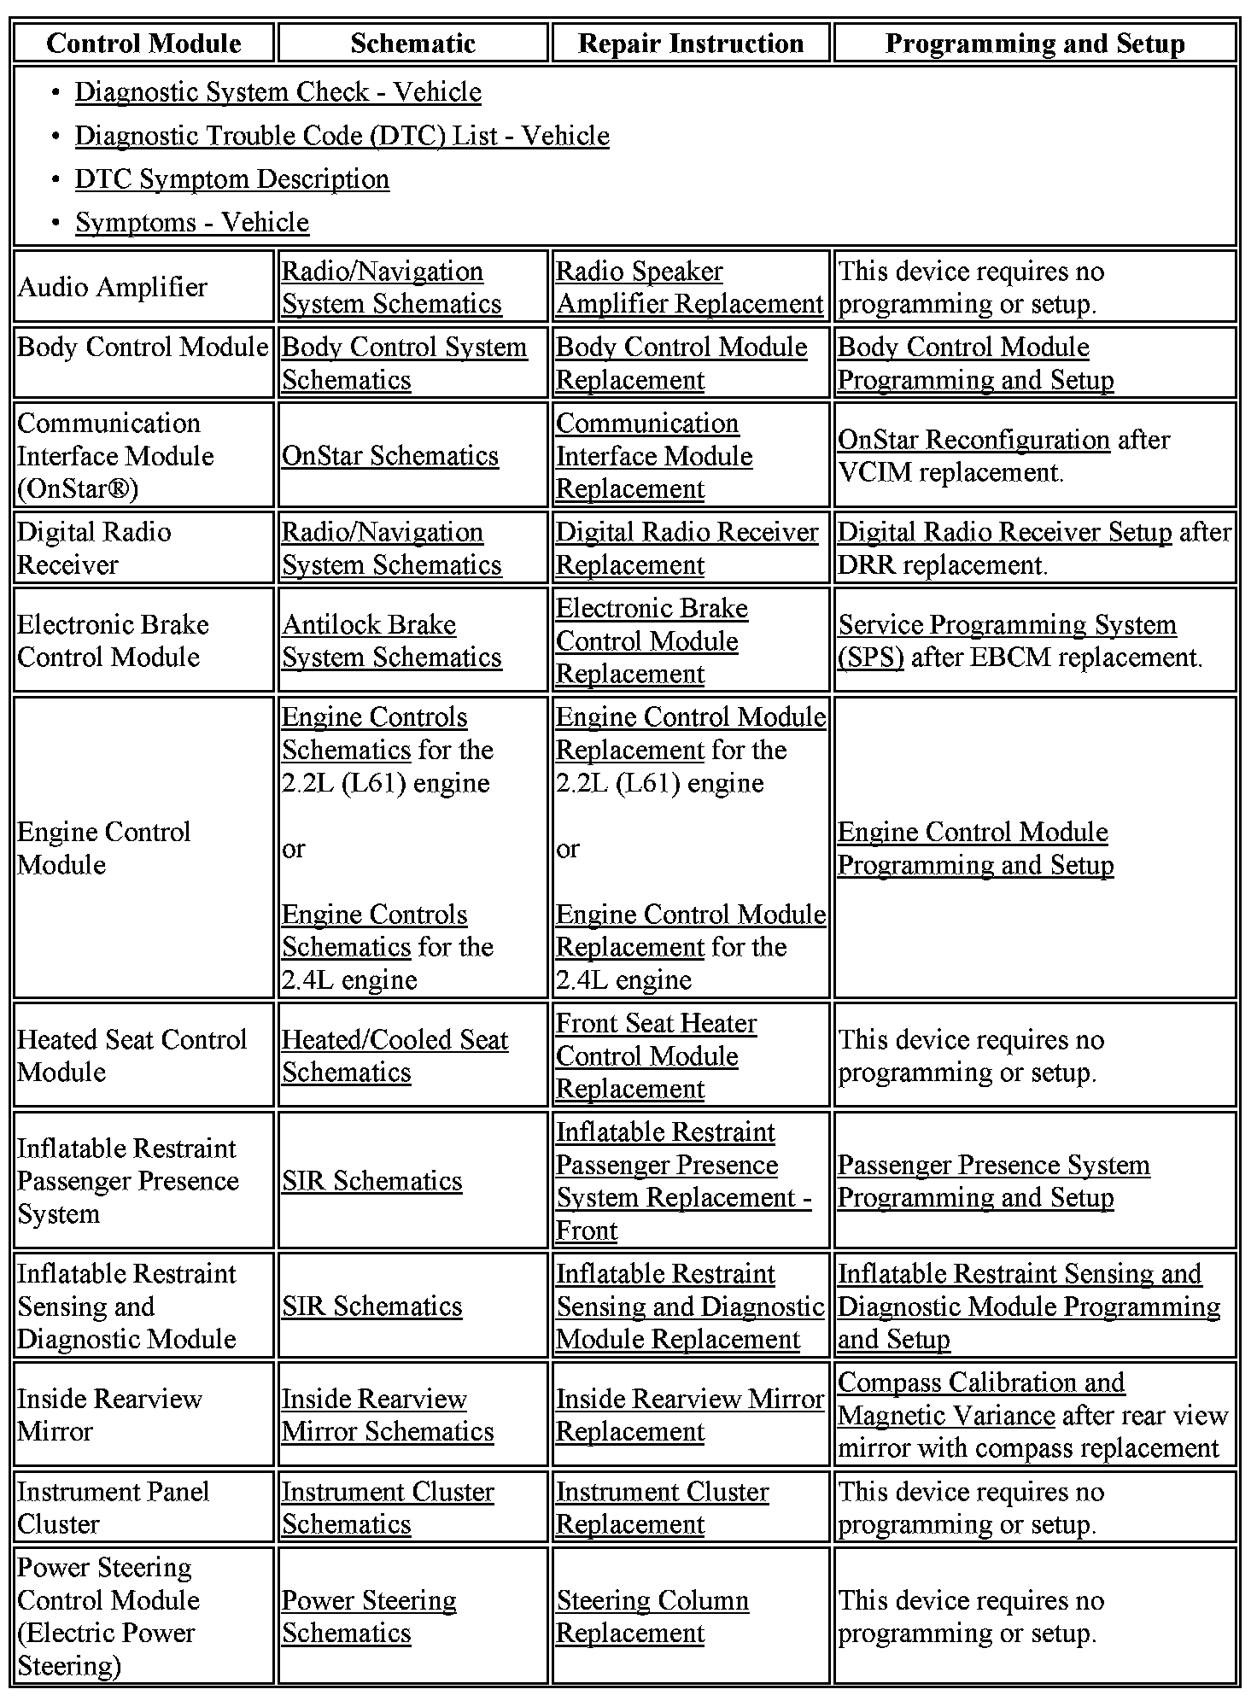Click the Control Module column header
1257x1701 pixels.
click(143, 44)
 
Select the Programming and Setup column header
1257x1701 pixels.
click(1034, 44)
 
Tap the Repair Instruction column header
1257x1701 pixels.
click(690, 44)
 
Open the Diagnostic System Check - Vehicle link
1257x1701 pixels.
click(278, 92)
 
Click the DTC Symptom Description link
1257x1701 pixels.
click(231, 179)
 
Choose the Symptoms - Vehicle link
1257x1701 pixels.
click(191, 223)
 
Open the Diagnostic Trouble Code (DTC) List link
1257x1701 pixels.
click(342, 136)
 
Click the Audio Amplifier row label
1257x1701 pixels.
click(112, 287)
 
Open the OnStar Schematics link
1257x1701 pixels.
click(389, 456)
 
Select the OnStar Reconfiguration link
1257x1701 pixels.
click(973, 440)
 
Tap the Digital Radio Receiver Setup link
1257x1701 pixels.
click(1004, 532)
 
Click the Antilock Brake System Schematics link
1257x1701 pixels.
click(391, 641)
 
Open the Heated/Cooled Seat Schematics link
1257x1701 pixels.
click(395, 1056)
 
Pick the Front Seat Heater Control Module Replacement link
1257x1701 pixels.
click(656, 1056)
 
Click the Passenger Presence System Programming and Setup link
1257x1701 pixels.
click(993, 1182)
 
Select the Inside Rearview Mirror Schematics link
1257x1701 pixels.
click(387, 1415)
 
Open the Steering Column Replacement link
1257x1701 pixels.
click(652, 1616)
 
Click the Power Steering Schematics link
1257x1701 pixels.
click(369, 1616)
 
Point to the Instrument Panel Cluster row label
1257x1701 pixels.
click(113, 1508)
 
